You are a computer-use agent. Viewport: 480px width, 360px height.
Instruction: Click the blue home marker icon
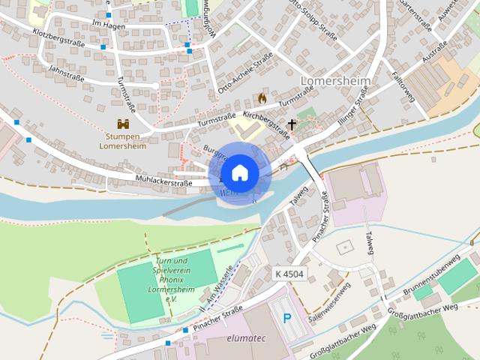click(x=239, y=172)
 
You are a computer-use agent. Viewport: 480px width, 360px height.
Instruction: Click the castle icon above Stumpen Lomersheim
click(x=123, y=124)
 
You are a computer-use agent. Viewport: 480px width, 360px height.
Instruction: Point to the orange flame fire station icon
click(x=262, y=97)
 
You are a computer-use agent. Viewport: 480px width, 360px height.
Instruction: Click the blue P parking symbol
click(x=287, y=319)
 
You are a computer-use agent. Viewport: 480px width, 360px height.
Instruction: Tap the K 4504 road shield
click(x=289, y=274)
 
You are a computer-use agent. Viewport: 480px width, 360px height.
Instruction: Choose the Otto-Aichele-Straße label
click(x=244, y=77)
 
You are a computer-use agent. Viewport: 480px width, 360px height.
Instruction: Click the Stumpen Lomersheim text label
click(x=123, y=142)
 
